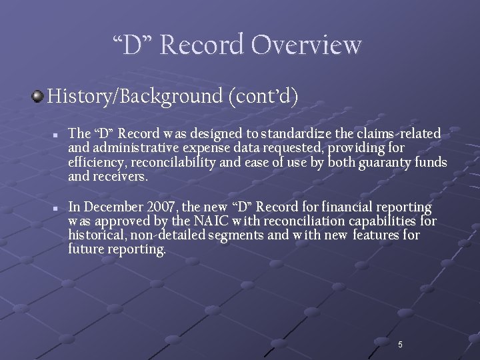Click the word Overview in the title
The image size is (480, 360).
coord(306,45)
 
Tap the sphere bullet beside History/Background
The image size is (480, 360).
coord(37,97)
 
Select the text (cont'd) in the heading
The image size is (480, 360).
coord(263,97)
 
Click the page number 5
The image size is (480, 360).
coord(400,345)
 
